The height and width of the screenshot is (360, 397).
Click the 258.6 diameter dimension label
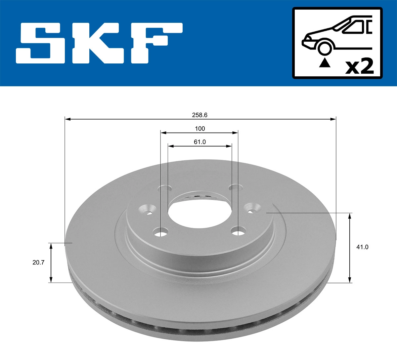199,115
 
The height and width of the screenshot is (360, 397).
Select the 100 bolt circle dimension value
199,129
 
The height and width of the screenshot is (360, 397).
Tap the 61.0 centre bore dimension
199,142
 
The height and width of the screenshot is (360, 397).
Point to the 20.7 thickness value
39,262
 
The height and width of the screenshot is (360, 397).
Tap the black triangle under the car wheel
325,62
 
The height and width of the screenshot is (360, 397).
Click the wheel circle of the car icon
324,48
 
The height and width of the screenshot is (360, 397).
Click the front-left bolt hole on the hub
161,232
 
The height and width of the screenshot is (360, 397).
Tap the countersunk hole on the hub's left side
148,210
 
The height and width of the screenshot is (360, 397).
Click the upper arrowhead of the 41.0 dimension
350,216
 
